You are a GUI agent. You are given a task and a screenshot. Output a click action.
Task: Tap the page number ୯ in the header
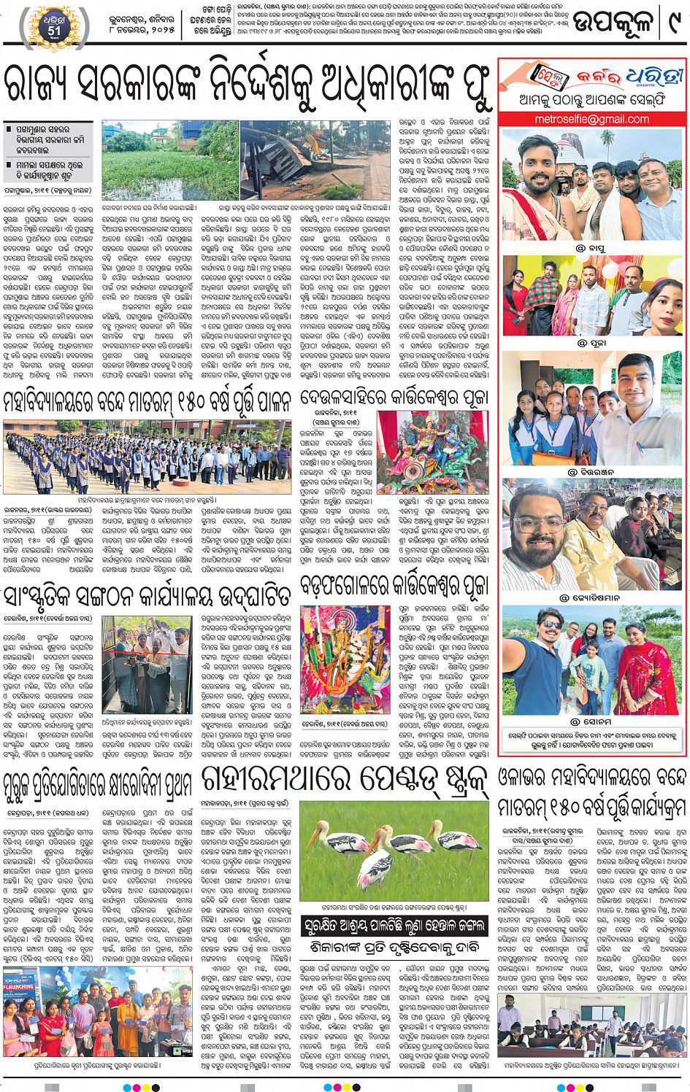672,23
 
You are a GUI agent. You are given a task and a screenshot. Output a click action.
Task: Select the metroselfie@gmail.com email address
591,119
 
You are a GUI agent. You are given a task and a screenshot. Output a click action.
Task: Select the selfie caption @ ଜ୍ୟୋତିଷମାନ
591,597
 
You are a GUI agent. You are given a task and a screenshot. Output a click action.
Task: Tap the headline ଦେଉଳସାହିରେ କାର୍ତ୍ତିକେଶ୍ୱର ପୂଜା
394,399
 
